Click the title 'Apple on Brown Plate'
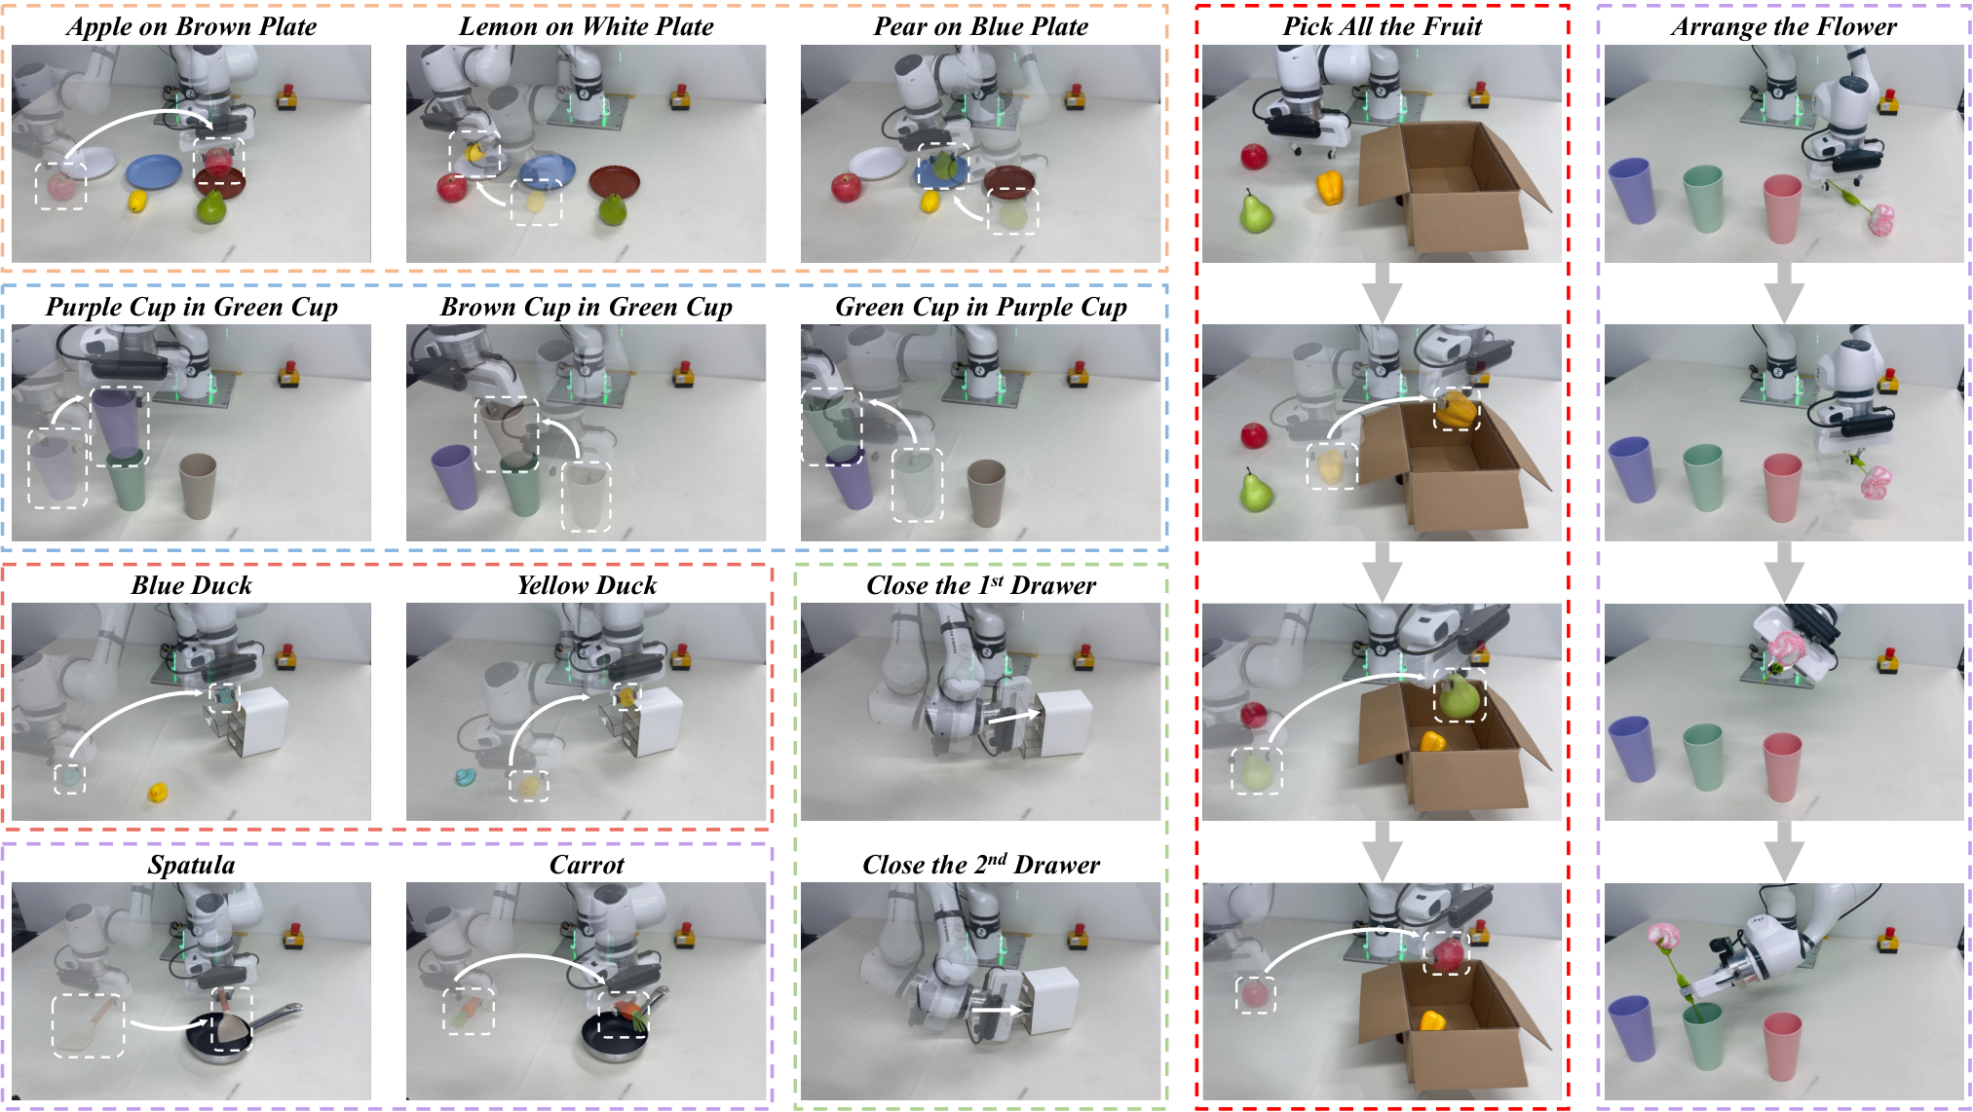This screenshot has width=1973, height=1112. (192, 26)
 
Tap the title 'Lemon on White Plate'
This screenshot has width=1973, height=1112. (587, 26)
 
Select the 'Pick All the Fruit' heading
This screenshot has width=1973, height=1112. (1382, 26)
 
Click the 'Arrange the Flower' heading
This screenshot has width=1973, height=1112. (1784, 27)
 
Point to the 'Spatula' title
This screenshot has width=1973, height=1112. (192, 865)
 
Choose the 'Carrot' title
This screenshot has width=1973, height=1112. (587, 865)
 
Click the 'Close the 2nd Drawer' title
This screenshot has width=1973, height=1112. (981, 864)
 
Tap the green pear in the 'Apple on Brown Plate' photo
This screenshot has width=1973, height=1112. (211, 206)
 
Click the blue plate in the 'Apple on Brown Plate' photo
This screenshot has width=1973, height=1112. (154, 172)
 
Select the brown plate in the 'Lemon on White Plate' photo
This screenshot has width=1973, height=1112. (615, 181)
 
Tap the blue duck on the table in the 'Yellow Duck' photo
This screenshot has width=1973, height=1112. (465, 777)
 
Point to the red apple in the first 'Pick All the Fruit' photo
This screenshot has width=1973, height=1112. (1254, 156)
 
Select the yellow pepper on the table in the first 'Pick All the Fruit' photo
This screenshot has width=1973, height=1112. (1330, 187)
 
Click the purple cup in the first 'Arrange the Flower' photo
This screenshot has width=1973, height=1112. (1632, 191)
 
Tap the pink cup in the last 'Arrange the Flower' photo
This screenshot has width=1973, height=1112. (1782, 1046)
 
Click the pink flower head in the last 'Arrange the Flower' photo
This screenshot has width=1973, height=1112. (1664, 937)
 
